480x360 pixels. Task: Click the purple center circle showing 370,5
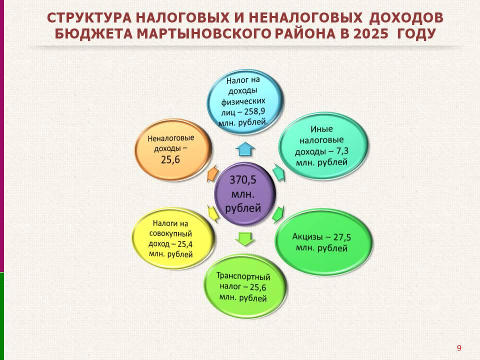point(244,194)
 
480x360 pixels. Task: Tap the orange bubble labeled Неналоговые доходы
point(173,149)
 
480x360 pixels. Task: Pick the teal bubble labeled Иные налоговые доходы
point(323,145)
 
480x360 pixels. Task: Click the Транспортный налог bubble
point(245,286)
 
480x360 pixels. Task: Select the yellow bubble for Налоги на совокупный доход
point(173,239)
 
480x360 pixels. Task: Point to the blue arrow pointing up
point(245,149)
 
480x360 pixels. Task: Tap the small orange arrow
point(213,173)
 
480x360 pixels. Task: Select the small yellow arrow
point(213,213)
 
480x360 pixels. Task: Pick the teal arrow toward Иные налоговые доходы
point(278,172)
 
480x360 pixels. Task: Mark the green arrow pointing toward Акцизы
point(278,213)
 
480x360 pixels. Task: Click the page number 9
point(459,348)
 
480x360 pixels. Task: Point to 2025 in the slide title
point(370,33)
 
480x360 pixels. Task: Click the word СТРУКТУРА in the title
point(89,18)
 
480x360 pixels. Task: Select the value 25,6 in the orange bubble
point(170,159)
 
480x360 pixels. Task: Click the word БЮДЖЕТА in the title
point(93,33)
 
